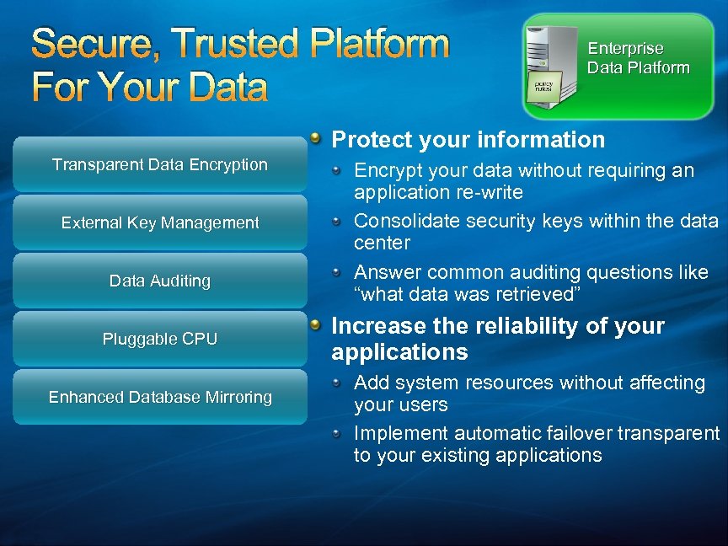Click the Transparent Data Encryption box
pos(160,164)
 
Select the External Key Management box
pos(160,222)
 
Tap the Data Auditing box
pos(160,281)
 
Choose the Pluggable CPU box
pos(160,339)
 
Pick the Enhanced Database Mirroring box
pos(160,397)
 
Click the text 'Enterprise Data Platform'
pos(638,58)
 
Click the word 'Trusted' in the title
pos(222,44)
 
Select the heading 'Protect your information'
pos(468,140)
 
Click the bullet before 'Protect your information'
pos(314,136)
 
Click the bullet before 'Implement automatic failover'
pos(335,433)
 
